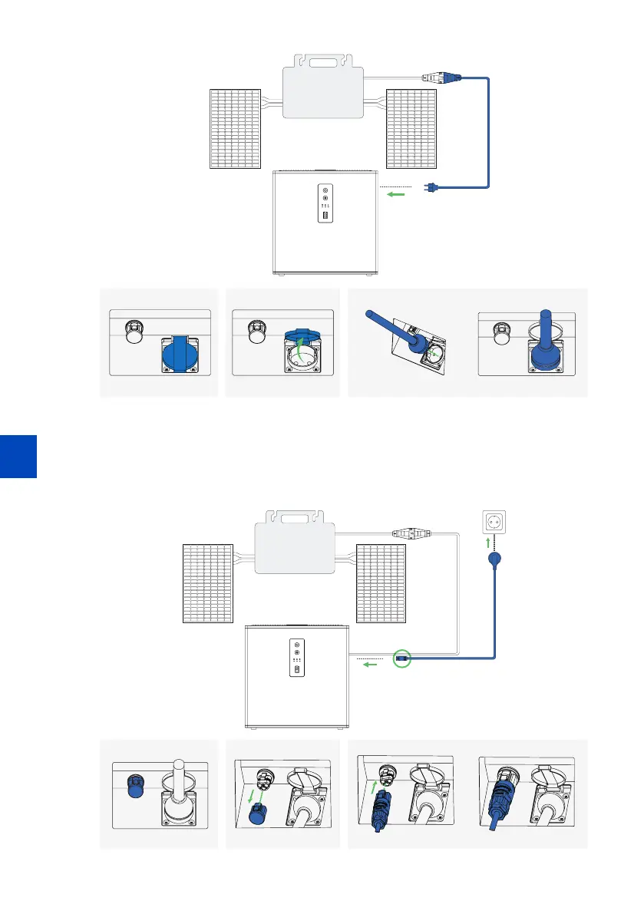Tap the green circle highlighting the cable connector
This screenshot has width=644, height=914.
coord(401,658)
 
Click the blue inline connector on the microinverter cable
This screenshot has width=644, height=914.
coord(442,77)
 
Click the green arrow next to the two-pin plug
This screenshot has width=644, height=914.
coord(396,194)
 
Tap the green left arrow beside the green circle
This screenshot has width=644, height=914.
coord(370,665)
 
